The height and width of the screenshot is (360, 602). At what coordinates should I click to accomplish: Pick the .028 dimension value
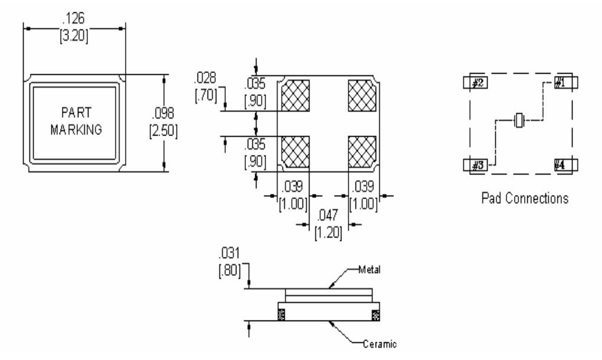[x=205, y=78]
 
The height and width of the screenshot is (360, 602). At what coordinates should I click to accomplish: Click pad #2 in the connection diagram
[x=477, y=82]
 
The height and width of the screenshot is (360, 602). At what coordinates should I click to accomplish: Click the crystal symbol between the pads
[x=519, y=120]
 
